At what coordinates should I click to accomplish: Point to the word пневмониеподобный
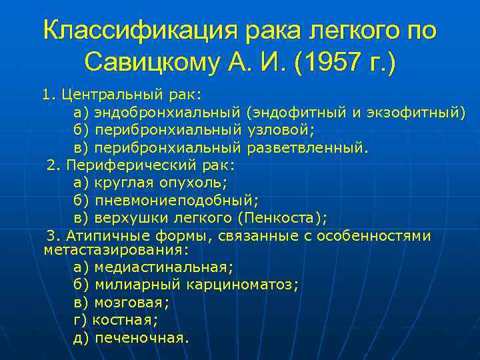tap(176, 200)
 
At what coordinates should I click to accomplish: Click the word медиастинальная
tap(163, 267)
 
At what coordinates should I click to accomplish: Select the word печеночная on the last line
tap(141, 337)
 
